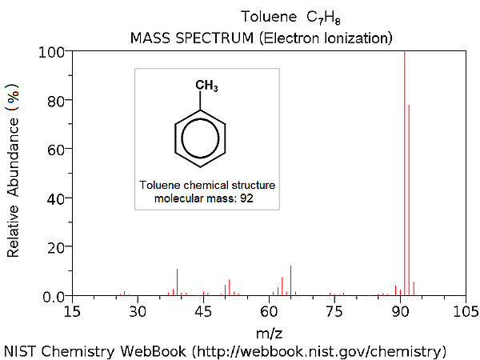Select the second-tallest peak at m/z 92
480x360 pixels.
tap(409, 200)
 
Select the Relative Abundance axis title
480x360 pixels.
tap(14, 173)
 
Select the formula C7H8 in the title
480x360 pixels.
tap(324, 17)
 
